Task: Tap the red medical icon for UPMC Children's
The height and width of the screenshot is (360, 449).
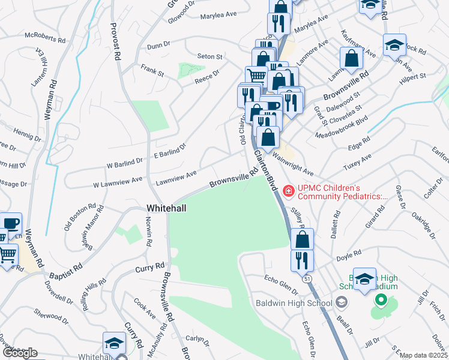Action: point(289,191)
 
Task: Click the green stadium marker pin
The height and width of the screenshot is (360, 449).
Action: point(379,300)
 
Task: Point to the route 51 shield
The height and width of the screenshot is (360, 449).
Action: point(307,278)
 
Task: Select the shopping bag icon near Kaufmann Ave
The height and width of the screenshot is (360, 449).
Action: point(352,59)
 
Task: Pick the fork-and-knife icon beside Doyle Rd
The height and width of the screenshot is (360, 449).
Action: point(301,261)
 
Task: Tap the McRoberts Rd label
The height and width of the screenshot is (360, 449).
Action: point(45,38)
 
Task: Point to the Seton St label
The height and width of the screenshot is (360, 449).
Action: point(211,57)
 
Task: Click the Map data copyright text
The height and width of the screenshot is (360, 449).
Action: point(424,355)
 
